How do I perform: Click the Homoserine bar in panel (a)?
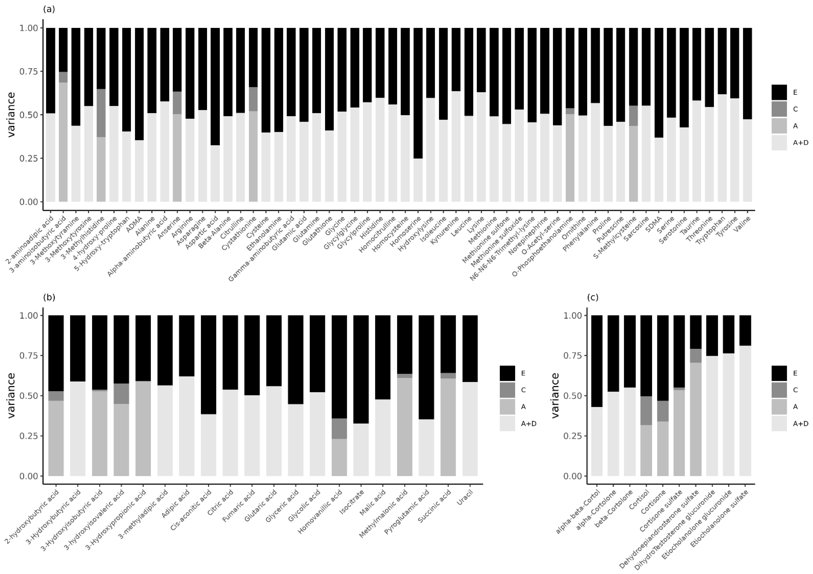coord(418,115)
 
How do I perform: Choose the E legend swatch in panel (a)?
coord(779,92)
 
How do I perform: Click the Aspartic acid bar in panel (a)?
coord(215,115)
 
